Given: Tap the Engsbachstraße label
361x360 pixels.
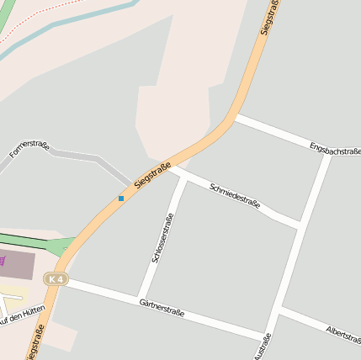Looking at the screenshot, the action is [x=334, y=149].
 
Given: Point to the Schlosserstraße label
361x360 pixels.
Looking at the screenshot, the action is [x=162, y=239].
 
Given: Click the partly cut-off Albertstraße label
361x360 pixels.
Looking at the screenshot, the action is [x=343, y=334].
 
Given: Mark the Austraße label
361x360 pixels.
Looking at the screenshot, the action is [x=263, y=347].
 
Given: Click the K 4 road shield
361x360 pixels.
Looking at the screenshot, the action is [x=56, y=278].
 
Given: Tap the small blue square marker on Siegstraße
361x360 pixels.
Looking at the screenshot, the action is [x=121, y=199].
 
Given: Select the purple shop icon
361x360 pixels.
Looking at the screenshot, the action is [x=3, y=261].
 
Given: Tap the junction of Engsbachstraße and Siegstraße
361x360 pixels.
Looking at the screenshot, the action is [x=236, y=117].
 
